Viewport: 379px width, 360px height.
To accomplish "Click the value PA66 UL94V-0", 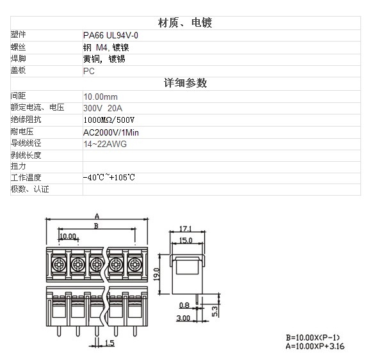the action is click(x=111, y=36).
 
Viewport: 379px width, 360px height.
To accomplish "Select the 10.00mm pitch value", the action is click(x=101, y=97).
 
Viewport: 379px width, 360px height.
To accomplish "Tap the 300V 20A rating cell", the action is click(x=102, y=108).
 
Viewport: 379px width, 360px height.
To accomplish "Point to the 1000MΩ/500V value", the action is click(x=109, y=120).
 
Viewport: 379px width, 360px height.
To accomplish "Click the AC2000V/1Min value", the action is click(x=111, y=132).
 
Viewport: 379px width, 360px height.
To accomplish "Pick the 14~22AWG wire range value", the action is click(x=105, y=144).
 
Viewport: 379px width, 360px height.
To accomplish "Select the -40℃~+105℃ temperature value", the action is click(x=109, y=178).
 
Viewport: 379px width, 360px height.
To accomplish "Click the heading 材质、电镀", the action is click(x=185, y=23).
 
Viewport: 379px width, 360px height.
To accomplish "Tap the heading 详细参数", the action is click(x=186, y=83).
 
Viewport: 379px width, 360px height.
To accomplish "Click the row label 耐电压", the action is click(x=22, y=132).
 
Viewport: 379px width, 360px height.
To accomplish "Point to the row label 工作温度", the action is click(x=26, y=178).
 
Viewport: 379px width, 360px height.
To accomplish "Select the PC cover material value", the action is click(x=89, y=71).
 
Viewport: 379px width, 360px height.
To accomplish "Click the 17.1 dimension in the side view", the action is click(x=186, y=228).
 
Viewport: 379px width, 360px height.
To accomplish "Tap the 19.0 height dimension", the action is click(x=157, y=274).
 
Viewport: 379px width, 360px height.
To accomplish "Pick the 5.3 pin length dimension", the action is click(x=214, y=311).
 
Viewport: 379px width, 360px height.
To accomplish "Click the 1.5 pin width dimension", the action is click(x=109, y=343).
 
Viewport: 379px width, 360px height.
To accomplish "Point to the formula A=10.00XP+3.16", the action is click(x=315, y=346).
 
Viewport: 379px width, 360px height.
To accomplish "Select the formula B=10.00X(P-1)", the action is click(x=313, y=338).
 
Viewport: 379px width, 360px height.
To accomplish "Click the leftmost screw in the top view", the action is click(x=59, y=265).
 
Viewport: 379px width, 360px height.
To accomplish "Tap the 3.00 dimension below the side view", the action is click(x=183, y=318).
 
